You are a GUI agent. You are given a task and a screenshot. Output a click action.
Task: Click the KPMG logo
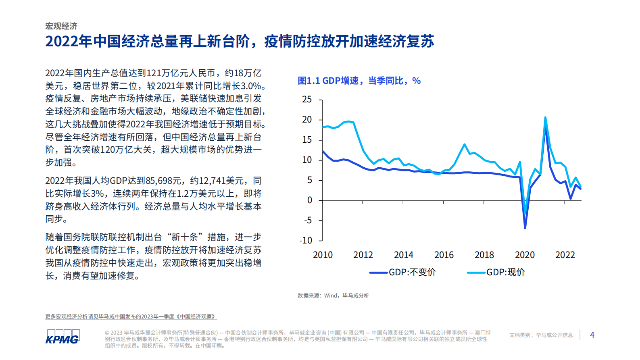[x=62, y=337]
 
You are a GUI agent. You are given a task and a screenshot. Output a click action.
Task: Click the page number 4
[x=592, y=335]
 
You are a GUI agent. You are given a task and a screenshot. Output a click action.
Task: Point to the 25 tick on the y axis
[x=307, y=100]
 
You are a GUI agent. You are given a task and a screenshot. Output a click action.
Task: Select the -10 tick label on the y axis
[x=306, y=241]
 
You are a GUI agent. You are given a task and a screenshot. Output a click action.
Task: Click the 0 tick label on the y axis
[x=309, y=200]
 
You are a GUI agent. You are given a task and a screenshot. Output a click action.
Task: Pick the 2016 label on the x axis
[x=444, y=255]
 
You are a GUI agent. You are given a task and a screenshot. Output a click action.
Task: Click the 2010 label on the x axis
[x=323, y=255]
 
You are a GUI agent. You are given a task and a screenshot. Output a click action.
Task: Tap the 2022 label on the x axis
[x=565, y=255]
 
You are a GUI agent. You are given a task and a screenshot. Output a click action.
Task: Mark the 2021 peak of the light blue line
[x=545, y=118]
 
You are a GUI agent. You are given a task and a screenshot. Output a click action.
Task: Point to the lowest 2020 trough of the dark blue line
[x=525, y=228]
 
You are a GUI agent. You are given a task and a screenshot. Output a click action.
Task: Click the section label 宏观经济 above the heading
[x=61, y=26]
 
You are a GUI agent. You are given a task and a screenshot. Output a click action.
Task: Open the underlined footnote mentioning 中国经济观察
[x=131, y=317]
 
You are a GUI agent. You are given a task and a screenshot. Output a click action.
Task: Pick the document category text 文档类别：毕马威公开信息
[x=541, y=335]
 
